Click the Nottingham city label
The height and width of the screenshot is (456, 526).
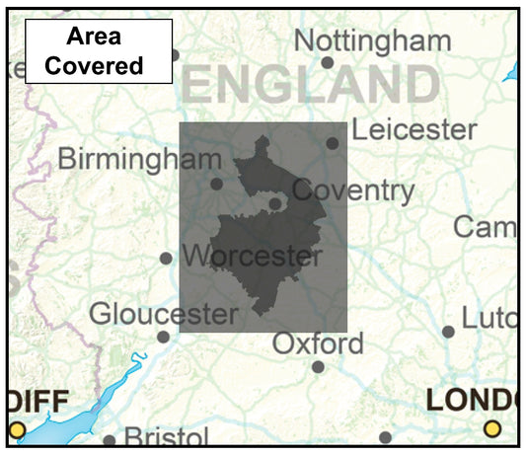(x=372, y=40)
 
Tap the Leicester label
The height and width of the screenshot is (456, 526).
(x=413, y=129)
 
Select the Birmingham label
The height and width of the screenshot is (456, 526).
(x=139, y=159)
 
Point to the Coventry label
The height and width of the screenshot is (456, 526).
(x=353, y=190)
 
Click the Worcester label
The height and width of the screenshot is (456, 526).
(x=253, y=257)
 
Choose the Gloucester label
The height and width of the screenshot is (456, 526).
(x=164, y=314)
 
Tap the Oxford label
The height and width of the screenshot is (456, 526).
(x=318, y=344)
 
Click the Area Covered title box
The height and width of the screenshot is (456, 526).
(x=99, y=51)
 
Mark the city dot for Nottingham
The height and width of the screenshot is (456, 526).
(x=328, y=62)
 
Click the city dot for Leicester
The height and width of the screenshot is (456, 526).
(x=333, y=143)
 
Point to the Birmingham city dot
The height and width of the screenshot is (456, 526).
(x=216, y=184)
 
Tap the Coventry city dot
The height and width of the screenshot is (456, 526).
(x=275, y=204)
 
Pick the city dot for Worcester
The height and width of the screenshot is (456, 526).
(x=166, y=259)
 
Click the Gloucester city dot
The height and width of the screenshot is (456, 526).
(x=163, y=337)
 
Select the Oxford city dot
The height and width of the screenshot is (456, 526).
(x=318, y=367)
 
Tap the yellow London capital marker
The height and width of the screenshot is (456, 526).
(x=492, y=428)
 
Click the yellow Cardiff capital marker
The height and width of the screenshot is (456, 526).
(x=17, y=428)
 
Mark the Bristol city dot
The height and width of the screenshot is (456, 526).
(x=110, y=440)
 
